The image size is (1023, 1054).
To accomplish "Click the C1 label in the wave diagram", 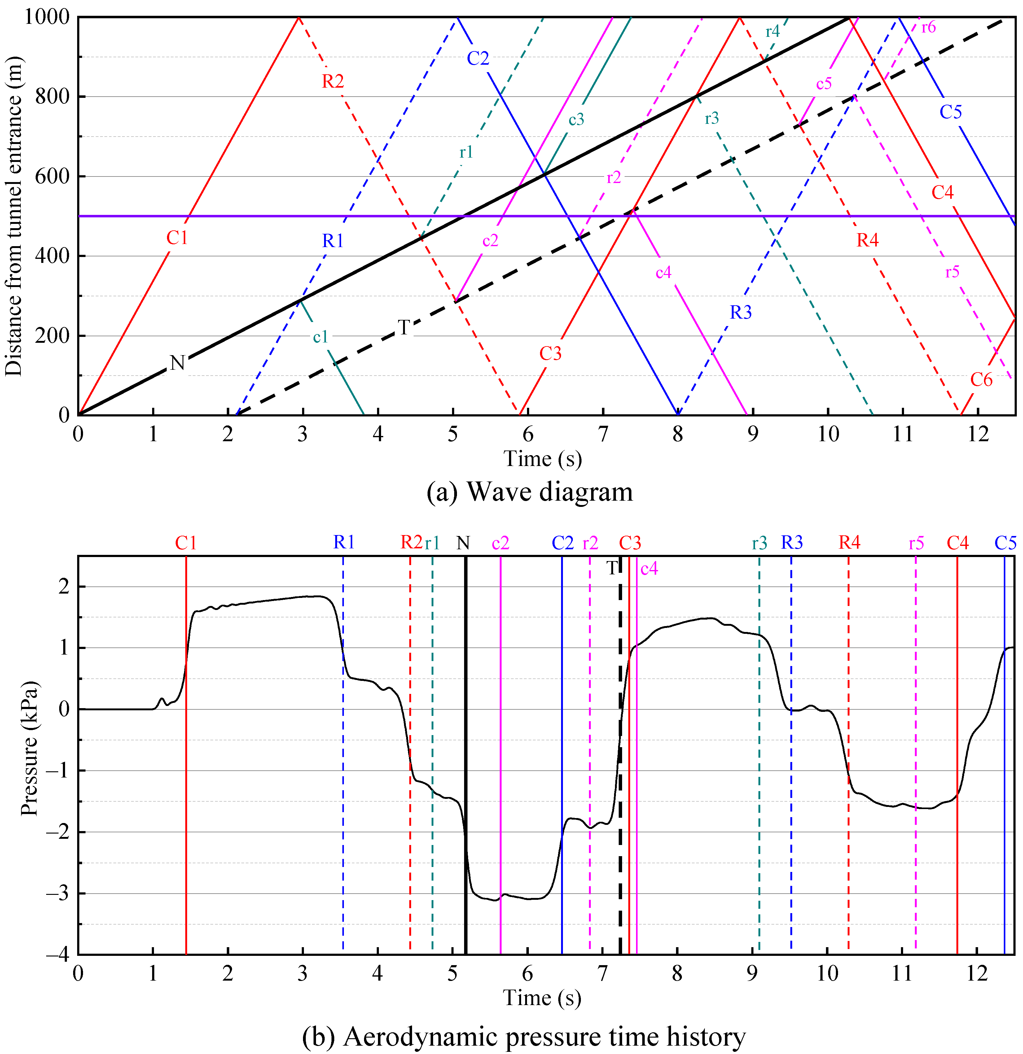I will [x=177, y=237].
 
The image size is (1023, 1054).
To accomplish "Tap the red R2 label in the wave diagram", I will [x=332, y=81].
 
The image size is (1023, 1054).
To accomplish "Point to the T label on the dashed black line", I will [x=404, y=327].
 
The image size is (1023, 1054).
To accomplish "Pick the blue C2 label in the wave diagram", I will [x=477, y=58].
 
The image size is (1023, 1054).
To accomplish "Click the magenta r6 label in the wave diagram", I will [x=928, y=27].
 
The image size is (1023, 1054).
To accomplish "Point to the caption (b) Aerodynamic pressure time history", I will [x=524, y=1036].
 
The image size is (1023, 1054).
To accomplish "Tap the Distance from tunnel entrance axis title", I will [x=13, y=215].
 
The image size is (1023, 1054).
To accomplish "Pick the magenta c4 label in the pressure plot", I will [x=649, y=568].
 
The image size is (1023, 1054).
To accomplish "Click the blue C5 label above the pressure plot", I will [x=1005, y=543].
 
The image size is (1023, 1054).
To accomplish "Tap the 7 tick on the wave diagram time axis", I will [x=603, y=433].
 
